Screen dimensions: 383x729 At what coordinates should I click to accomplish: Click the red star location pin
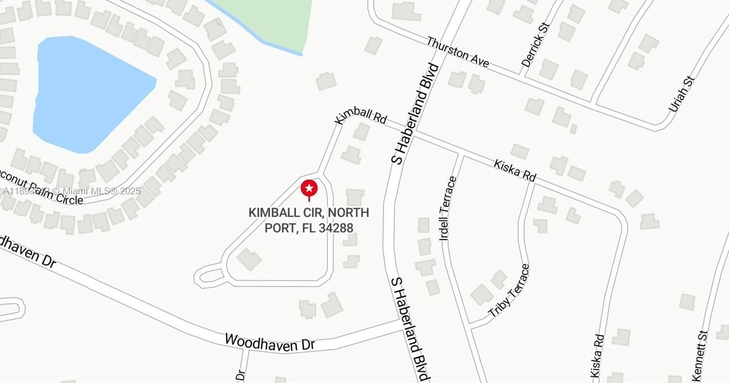(309, 189)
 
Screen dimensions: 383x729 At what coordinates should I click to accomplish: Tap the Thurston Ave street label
(457, 52)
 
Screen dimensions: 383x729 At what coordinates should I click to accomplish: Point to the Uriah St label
(681, 94)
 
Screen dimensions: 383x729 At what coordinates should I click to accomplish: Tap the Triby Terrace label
(510, 290)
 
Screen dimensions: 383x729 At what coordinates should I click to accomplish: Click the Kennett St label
(700, 356)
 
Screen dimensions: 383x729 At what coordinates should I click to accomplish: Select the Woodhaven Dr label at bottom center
(269, 342)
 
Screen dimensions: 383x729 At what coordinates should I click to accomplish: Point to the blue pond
(85, 93)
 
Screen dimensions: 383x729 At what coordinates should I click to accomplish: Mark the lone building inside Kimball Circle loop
(249, 259)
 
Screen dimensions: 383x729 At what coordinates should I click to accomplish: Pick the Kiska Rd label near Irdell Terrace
(514, 170)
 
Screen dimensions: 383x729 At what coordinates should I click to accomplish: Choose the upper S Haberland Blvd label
(416, 113)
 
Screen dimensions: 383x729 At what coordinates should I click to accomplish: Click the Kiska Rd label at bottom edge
(598, 356)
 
